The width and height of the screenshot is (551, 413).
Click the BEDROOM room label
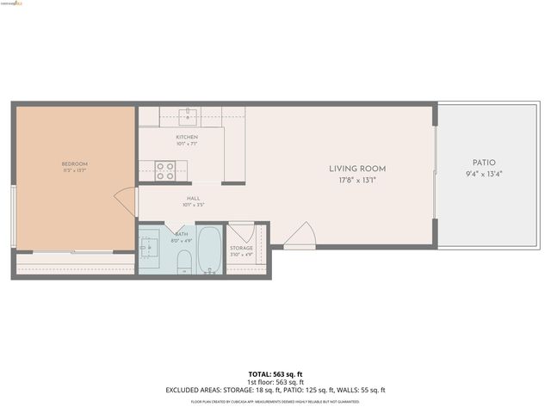[x=74, y=163]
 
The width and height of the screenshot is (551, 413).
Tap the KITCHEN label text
[x=187, y=138]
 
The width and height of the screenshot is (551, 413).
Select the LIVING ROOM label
[x=357, y=169]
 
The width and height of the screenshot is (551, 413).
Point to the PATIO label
[x=484, y=163]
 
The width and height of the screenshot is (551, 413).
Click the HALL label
[x=194, y=199]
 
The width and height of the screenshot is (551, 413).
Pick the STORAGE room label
[x=241, y=248]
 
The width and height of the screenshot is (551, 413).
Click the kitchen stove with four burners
[x=164, y=171]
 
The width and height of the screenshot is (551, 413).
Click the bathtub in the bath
[x=209, y=250]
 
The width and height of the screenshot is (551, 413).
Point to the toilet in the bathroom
[x=184, y=266]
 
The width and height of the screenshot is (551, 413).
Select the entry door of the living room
[x=300, y=235]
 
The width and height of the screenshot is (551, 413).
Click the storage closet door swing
[x=242, y=232]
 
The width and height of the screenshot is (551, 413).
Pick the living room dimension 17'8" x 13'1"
[x=357, y=181]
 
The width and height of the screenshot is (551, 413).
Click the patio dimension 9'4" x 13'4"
[x=484, y=175]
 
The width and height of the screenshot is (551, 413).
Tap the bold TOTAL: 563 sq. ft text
[x=275, y=374]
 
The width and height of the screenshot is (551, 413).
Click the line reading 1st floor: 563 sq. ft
[x=275, y=382]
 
